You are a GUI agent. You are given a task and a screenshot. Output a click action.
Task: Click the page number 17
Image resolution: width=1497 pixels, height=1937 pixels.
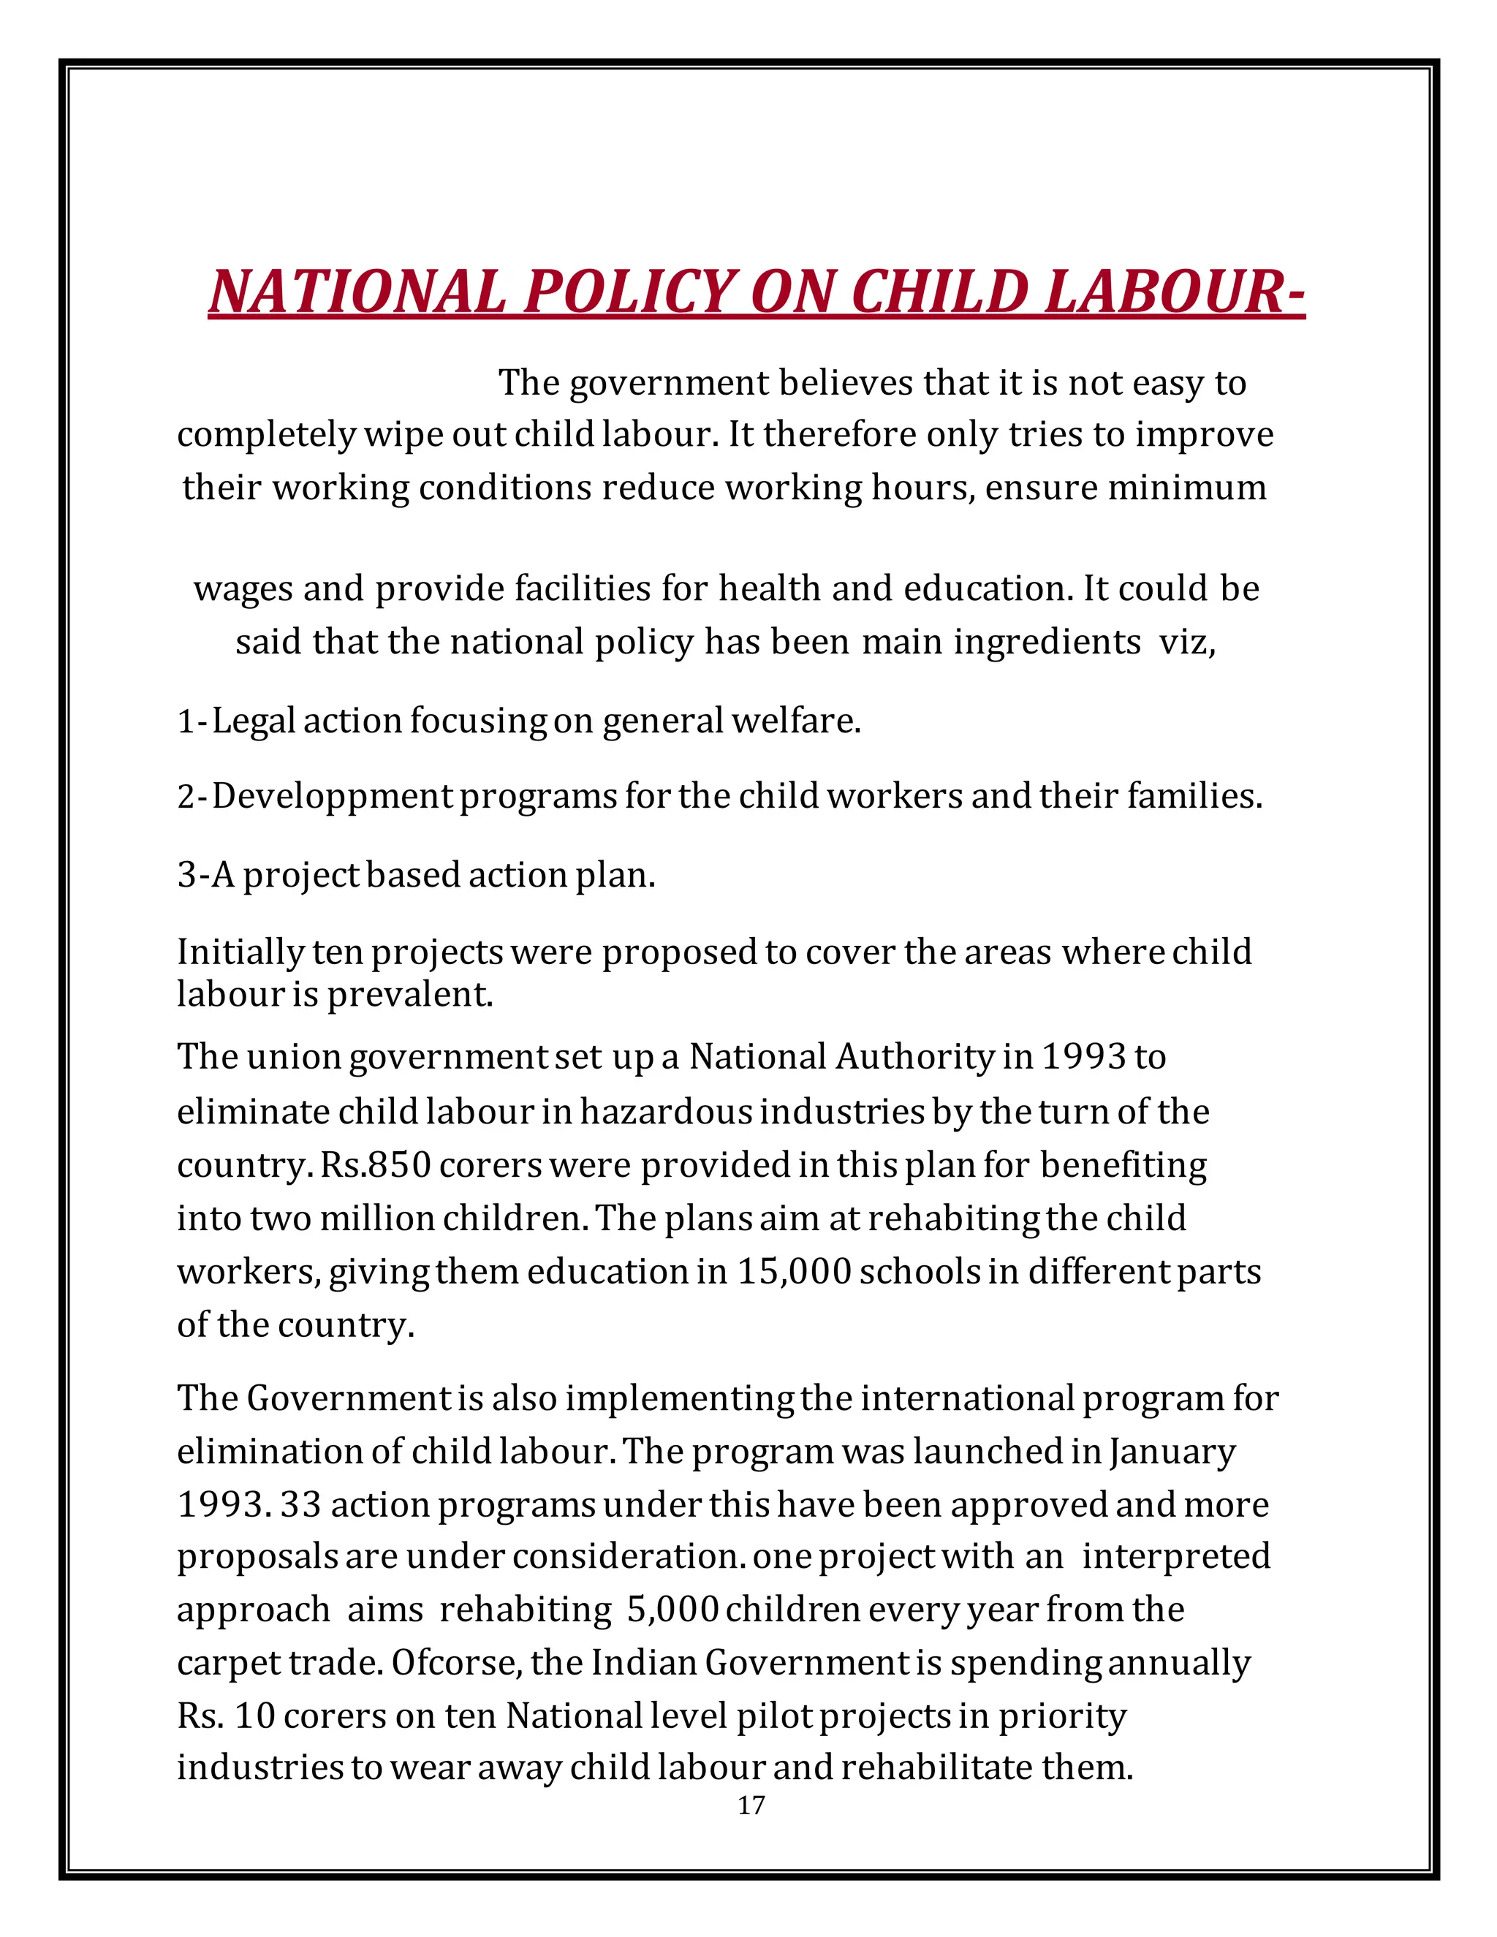(750, 1805)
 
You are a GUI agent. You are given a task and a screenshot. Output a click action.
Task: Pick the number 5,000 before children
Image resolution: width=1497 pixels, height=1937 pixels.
(671, 1609)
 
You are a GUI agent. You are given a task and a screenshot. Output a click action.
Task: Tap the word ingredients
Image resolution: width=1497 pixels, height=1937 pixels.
(1047, 641)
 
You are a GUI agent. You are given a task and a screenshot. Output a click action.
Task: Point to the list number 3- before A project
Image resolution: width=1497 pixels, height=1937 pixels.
(192, 876)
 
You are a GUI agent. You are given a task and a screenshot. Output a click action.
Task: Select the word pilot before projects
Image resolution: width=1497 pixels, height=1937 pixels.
(774, 1716)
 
